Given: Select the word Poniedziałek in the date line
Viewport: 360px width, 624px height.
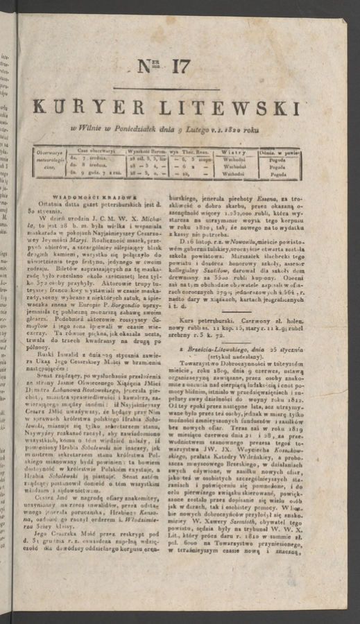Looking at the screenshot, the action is tap(132, 130).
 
